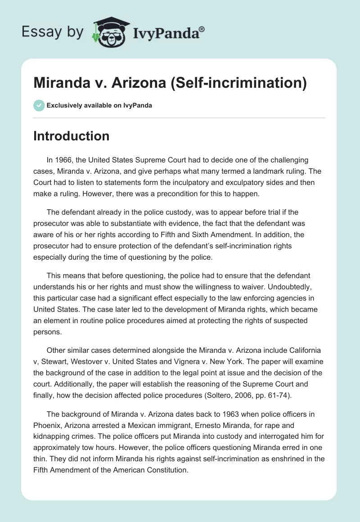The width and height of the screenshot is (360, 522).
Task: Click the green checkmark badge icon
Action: click(x=39, y=105)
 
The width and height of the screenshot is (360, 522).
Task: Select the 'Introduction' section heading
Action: click(x=71, y=136)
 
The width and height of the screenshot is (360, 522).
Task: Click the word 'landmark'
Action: click(x=259, y=171)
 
